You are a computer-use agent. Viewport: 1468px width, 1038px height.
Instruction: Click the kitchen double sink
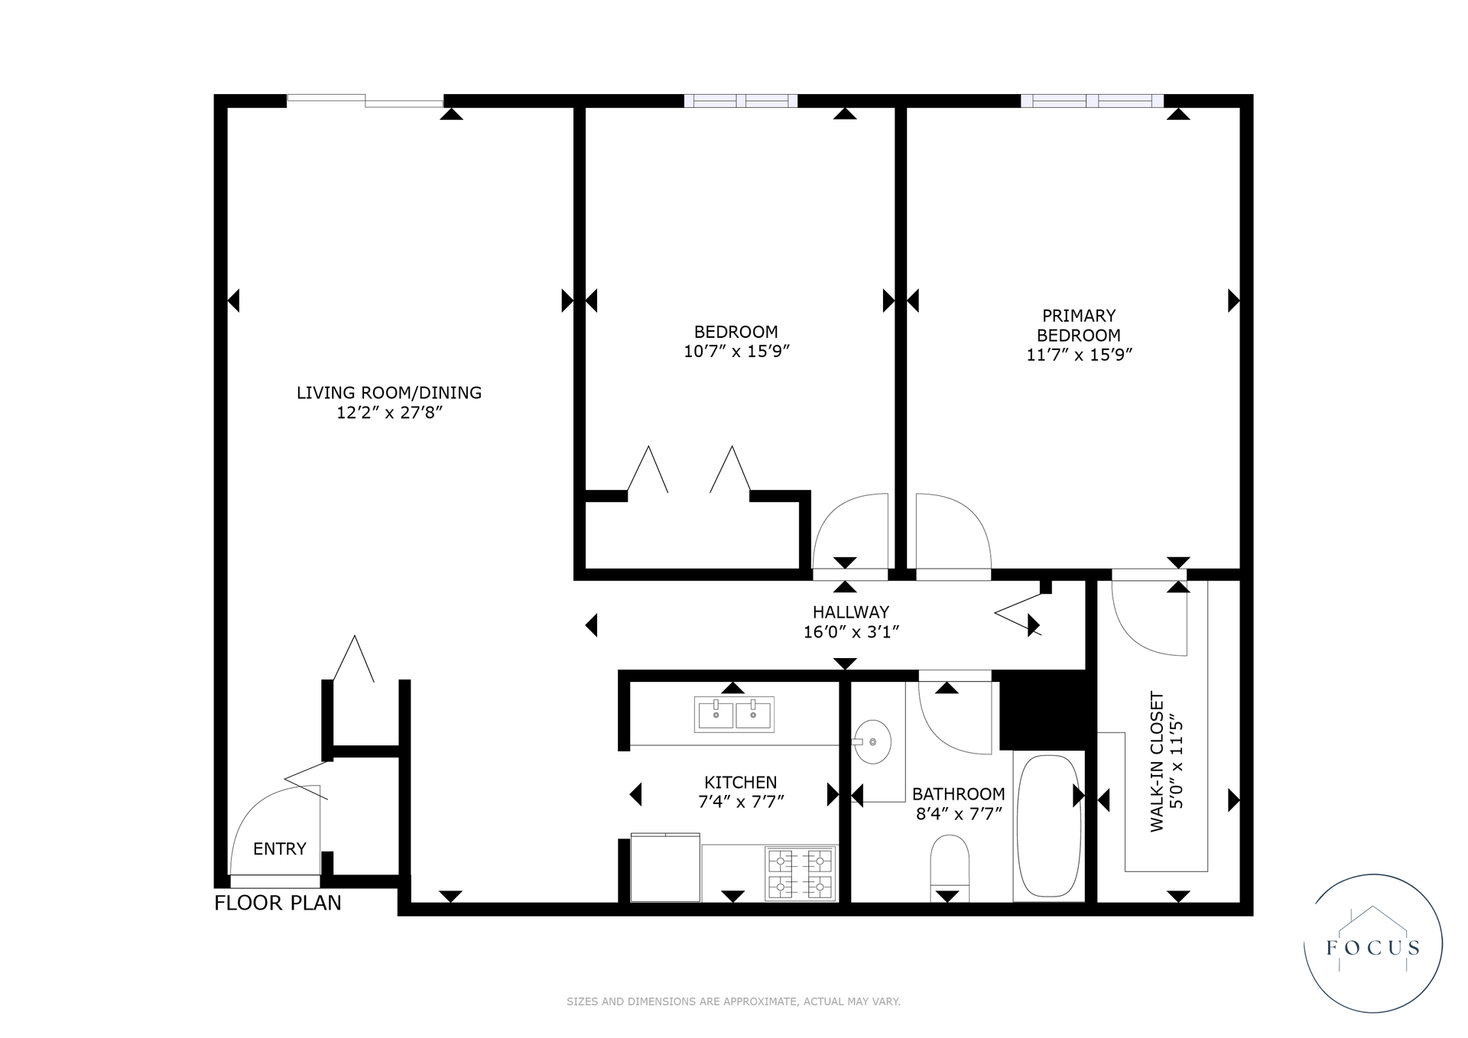coord(734,714)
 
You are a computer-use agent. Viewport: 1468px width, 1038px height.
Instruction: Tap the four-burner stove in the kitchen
coord(800,874)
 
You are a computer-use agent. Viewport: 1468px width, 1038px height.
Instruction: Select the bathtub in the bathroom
coord(1049,826)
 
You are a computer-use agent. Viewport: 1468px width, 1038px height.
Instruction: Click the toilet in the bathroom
coord(950,868)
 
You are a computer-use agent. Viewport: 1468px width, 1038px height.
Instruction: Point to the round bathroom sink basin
coord(872,741)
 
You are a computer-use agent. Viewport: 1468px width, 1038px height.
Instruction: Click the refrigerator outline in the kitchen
coord(665,868)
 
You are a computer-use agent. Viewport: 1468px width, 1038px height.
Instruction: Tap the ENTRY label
coord(280,848)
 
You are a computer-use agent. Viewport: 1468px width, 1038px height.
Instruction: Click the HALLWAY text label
coord(851,612)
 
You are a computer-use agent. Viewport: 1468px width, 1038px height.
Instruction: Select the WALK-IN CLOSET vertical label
coord(1157,761)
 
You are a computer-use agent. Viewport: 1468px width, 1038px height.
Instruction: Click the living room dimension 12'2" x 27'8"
coord(390,413)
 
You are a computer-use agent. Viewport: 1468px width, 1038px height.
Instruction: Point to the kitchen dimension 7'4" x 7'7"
coord(741,802)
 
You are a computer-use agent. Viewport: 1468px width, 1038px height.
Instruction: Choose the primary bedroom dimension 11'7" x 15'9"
coord(1079,355)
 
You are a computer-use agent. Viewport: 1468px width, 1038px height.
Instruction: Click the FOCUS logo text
coord(1373,948)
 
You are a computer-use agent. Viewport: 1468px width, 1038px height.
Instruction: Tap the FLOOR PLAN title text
coord(278,903)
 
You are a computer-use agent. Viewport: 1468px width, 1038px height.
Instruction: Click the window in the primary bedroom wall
coord(1092,101)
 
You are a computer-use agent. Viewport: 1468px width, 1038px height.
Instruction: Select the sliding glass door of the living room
coord(365,100)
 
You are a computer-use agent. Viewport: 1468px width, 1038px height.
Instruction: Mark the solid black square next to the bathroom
coord(1043,710)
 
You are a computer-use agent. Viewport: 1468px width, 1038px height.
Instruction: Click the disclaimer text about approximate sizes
coord(733,1001)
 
